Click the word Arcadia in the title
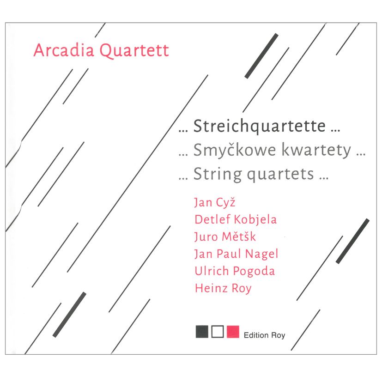click(x=64, y=50)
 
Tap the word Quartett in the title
click(x=134, y=50)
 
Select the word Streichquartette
click(x=259, y=126)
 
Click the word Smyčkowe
click(x=233, y=151)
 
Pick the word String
click(x=218, y=175)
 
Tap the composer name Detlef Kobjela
click(x=236, y=219)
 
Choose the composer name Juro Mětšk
click(x=225, y=236)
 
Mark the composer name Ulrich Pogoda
click(x=235, y=271)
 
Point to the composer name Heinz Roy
click(x=223, y=288)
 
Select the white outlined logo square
click(x=217, y=332)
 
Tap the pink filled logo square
click(x=233, y=332)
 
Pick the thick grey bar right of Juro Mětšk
click(x=352, y=241)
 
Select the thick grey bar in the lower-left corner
click(x=70, y=314)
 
